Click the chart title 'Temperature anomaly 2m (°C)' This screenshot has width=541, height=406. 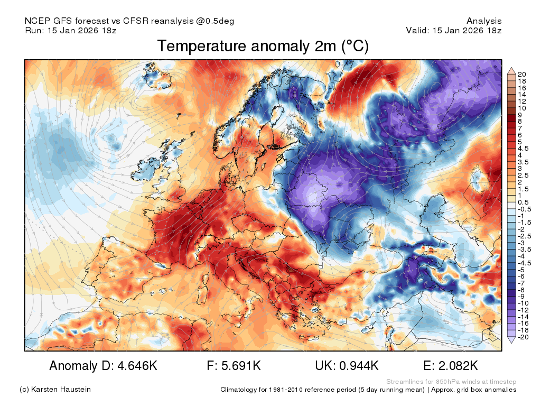[x=263, y=47]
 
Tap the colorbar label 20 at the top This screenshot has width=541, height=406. [x=521, y=74]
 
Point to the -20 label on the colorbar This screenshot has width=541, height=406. [x=523, y=337]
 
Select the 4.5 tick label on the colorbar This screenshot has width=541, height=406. [x=523, y=149]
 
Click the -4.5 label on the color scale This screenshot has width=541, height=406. [x=525, y=263]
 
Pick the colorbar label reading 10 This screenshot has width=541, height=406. [x=521, y=108]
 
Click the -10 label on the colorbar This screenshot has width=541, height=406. [x=523, y=303]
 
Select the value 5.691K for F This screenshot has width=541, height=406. [x=241, y=366]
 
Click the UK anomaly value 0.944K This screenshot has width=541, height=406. [x=359, y=366]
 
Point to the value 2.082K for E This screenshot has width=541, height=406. [x=458, y=366]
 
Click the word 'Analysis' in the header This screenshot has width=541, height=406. [x=484, y=21]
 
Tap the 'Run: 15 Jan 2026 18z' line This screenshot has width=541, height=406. [x=71, y=30]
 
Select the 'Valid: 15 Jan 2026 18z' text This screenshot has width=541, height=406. [x=454, y=30]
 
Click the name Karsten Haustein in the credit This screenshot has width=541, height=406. [x=61, y=390]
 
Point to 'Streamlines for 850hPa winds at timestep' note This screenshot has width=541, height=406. [x=451, y=382]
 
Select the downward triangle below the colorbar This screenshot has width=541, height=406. [x=511, y=340]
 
